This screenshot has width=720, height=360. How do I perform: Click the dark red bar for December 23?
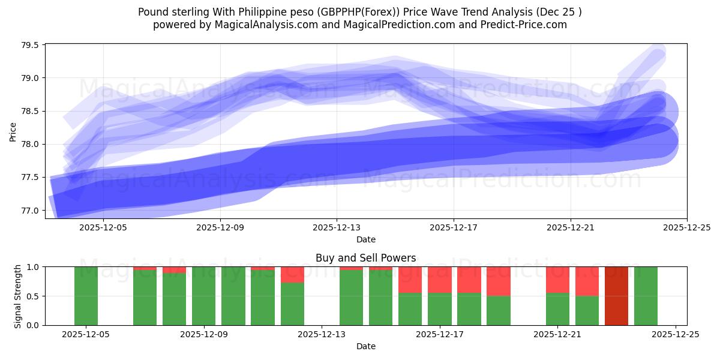(x=616, y=296)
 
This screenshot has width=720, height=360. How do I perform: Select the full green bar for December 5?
(x=86, y=296)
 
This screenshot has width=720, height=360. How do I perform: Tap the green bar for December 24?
(x=646, y=296)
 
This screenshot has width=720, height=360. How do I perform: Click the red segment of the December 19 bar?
(x=499, y=281)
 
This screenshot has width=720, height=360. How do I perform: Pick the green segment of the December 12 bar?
(x=292, y=304)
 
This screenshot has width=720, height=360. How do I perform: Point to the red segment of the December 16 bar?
(x=410, y=280)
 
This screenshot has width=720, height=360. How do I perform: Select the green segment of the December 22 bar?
(x=587, y=310)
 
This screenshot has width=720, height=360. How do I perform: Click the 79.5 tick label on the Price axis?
(x=30, y=46)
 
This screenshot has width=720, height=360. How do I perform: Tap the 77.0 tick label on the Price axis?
(x=30, y=211)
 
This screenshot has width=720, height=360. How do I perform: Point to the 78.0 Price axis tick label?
(x=30, y=145)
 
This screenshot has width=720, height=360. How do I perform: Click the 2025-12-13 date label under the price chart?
(x=337, y=228)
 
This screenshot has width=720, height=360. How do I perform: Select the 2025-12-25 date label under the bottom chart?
(x=676, y=335)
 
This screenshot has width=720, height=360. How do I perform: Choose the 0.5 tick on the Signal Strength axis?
(x=33, y=296)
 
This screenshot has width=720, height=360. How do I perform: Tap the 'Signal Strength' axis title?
(x=18, y=296)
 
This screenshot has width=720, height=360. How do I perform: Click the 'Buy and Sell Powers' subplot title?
(x=366, y=258)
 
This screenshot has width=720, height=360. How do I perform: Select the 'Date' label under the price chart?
(x=366, y=239)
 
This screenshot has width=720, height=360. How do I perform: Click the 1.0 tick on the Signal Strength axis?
(x=33, y=267)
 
